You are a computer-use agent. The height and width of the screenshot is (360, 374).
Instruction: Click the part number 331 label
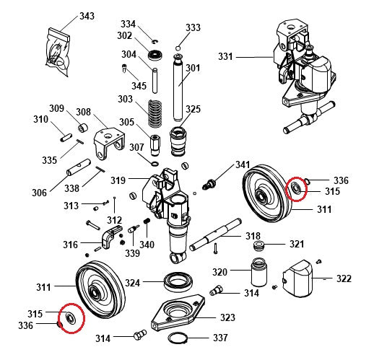[x=226, y=56]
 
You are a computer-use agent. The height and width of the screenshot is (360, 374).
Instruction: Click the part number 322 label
[x=344, y=278]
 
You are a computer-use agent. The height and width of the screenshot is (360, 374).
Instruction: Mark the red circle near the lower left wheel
[x=71, y=318]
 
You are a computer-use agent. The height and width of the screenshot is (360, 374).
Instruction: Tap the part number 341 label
[x=242, y=165]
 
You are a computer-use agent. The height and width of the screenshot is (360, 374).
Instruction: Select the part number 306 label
[x=39, y=193]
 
